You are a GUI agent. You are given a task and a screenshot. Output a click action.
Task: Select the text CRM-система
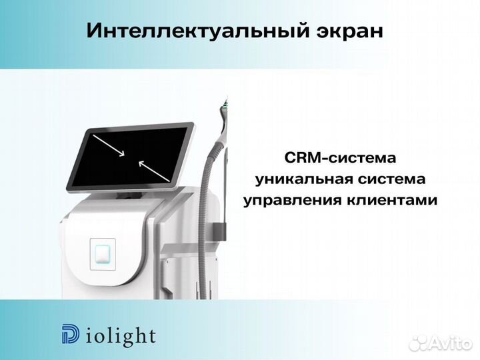340,158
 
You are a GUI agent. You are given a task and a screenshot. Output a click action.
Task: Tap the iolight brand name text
120,335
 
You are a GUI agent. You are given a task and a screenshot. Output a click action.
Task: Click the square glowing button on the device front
103,254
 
